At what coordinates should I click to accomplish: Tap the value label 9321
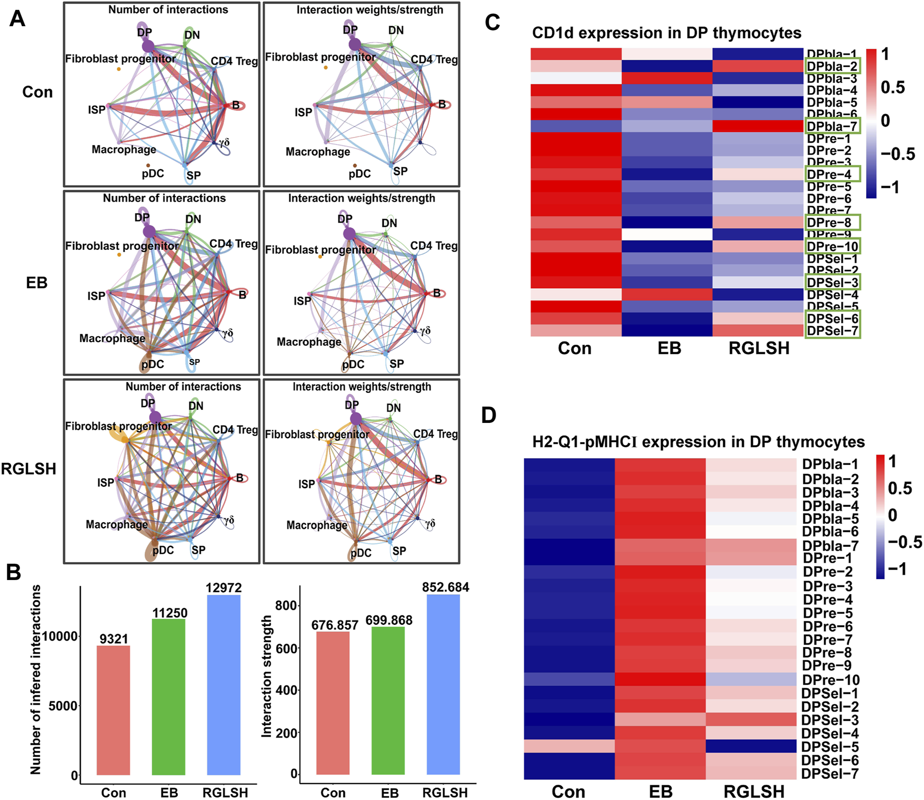(x=114, y=638)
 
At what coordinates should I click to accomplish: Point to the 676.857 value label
(x=335, y=625)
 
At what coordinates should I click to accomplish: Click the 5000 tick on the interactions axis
(x=63, y=706)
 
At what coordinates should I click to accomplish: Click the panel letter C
(x=492, y=22)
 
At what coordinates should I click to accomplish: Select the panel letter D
(x=488, y=415)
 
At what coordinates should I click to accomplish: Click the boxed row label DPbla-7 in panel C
(x=832, y=127)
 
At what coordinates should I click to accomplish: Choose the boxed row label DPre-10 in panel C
(x=832, y=247)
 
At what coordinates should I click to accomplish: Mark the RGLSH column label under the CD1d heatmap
(x=759, y=348)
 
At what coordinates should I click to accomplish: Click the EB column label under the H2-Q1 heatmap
(x=660, y=791)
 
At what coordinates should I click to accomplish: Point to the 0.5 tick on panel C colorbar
(x=893, y=87)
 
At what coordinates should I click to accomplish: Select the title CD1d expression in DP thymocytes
(x=666, y=33)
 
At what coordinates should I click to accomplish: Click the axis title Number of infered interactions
(x=36, y=679)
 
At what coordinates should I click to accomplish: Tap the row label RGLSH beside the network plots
(x=29, y=469)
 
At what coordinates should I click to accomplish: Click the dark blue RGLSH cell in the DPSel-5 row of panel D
(x=751, y=746)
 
